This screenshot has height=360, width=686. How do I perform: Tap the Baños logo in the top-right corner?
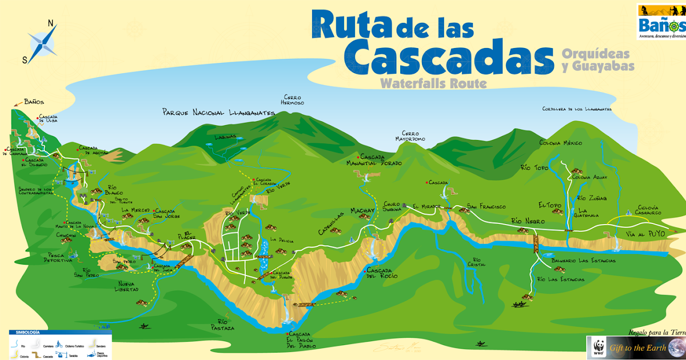(x=661, y=21)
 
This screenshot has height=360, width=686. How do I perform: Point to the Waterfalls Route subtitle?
(x=432, y=83)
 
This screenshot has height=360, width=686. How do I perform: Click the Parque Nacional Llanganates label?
(x=218, y=113)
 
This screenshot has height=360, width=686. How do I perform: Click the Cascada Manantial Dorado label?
(x=381, y=160)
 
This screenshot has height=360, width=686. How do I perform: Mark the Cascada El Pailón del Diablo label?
(x=301, y=340)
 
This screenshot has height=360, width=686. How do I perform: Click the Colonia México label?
(x=560, y=143)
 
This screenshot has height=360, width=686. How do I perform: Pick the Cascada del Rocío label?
(x=382, y=273)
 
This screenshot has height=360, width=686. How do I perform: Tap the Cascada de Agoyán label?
(x=93, y=150)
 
